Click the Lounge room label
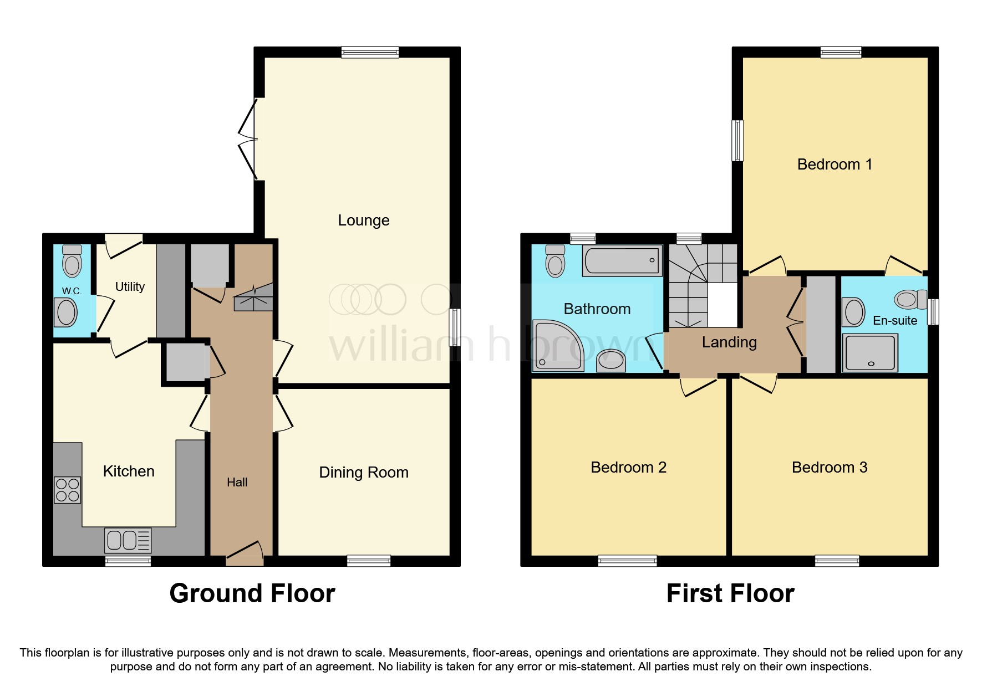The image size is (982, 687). pos(364,221)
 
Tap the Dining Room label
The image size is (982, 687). pos(364,473)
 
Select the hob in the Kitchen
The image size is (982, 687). pos(68,490)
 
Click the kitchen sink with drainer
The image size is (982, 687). pos(128,540)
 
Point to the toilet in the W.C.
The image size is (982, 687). pos(72,262)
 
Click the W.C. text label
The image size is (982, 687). pos(72,291)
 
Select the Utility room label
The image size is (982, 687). pos(130,286)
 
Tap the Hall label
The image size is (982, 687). pos(237,483)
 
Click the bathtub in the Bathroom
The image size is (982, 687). pos(622,260)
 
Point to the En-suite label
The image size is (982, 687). pos(894,320)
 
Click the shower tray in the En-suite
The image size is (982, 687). pos(869,352)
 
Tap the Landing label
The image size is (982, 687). pos(729,342)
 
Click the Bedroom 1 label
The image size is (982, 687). pos(835,165)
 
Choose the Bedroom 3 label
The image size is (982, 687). pos(829,468)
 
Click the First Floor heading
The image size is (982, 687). pos(730,593)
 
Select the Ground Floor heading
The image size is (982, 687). pos(252,593)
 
